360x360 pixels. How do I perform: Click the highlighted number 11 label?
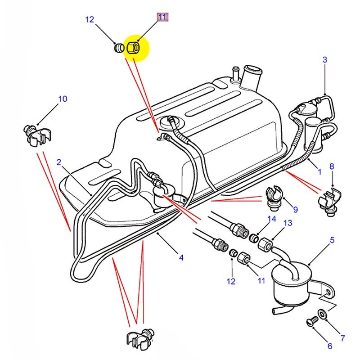[162, 18]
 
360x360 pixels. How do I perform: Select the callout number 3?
[324, 59]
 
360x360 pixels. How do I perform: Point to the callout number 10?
[63, 99]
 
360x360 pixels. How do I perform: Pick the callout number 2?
[58, 162]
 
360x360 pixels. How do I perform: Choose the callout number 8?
[332, 166]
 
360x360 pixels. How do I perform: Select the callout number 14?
[271, 219]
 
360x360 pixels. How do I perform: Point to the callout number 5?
[332, 240]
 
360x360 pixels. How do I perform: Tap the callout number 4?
[181, 258]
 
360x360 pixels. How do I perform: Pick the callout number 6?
[329, 346]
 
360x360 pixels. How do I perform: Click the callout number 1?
[319, 171]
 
